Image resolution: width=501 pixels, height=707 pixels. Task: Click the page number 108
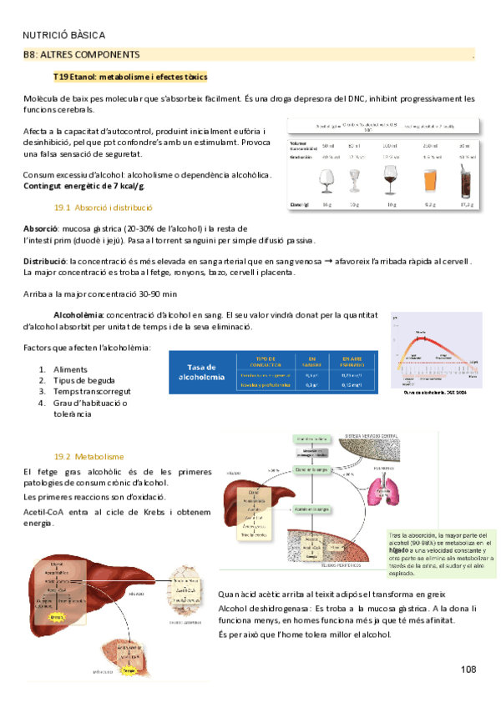pos(467,646)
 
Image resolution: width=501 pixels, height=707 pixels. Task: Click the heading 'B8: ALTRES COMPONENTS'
pos(81,54)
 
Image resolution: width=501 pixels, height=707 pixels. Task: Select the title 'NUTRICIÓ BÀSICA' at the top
pos(63,35)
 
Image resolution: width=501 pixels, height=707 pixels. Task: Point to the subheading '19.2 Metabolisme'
pos(89,456)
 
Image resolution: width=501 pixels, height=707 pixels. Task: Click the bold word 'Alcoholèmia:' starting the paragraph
pos(78,315)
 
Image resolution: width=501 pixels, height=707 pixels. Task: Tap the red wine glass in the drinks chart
pos(389,180)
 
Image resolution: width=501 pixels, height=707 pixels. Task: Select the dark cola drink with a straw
pos(465,180)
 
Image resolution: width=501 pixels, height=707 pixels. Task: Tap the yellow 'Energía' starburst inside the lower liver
pos(57,616)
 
